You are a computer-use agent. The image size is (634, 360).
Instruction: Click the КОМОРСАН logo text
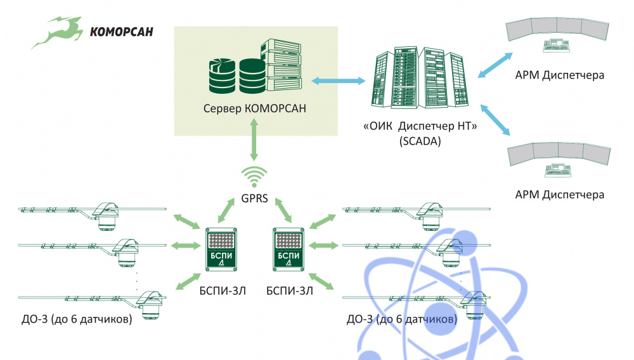tap(121, 31)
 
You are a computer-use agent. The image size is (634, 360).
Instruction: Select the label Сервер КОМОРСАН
tap(255, 108)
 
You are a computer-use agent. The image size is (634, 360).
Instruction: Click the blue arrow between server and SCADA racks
tap(339, 80)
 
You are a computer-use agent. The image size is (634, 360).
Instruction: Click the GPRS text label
tap(254, 198)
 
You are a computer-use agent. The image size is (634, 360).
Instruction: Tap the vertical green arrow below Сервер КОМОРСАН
tap(254, 139)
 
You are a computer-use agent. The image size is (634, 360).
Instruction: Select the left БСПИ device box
tap(221, 249)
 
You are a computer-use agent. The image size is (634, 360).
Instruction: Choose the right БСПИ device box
tap(288, 249)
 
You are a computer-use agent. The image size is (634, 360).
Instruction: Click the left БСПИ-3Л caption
tap(223, 291)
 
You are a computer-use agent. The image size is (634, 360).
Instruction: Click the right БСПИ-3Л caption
tap(290, 291)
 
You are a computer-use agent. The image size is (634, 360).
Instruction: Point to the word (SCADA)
tap(420, 141)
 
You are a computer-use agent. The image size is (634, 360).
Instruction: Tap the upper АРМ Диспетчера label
tap(560, 75)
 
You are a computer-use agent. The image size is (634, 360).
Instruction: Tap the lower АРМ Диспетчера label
tap(560, 195)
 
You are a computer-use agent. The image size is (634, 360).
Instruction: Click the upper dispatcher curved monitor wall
tap(557, 30)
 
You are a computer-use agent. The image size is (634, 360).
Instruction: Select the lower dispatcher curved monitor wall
tap(559, 154)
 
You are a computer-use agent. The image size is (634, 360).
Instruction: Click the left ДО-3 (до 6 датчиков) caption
tap(77, 319)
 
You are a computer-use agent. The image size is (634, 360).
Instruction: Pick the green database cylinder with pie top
tap(222, 76)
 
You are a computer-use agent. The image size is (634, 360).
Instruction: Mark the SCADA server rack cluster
tap(420, 77)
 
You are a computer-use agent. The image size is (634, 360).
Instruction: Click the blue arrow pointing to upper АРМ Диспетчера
tap(495, 65)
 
